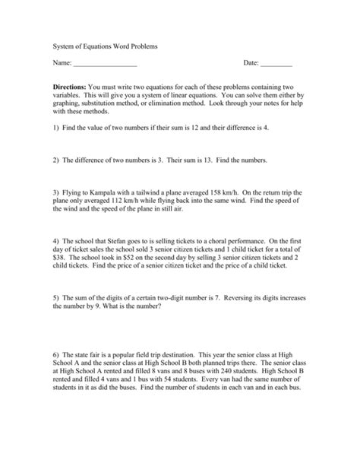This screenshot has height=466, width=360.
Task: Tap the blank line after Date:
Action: coord(276,65)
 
